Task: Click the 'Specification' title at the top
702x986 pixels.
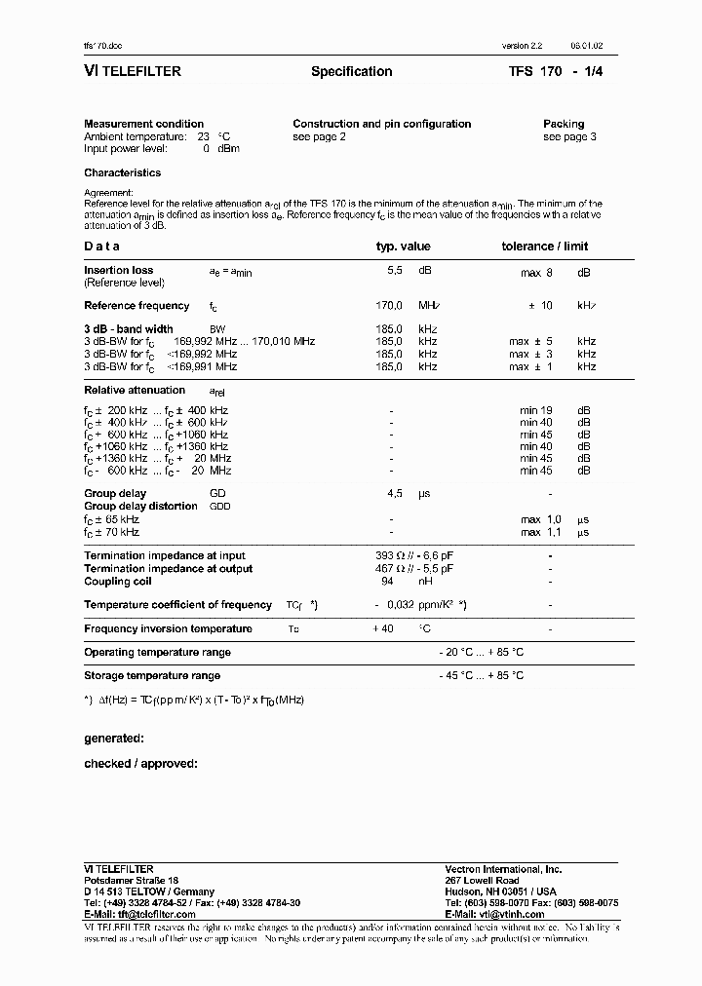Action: tap(351, 71)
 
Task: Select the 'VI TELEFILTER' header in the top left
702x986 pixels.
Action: tap(133, 71)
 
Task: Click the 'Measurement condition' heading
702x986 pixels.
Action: tap(143, 124)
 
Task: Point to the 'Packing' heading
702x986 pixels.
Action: tap(564, 124)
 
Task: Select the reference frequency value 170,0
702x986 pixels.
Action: tap(390, 305)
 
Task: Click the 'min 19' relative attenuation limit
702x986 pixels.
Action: tap(536, 411)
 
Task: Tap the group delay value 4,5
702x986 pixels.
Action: tap(396, 494)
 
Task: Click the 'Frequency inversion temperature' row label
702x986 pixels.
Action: tap(168, 628)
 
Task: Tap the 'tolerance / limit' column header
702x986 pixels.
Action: tap(545, 246)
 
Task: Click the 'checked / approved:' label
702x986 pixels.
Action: tap(140, 763)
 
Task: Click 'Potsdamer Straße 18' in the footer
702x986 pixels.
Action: tap(132, 880)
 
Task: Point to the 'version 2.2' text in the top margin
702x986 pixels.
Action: tap(522, 46)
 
